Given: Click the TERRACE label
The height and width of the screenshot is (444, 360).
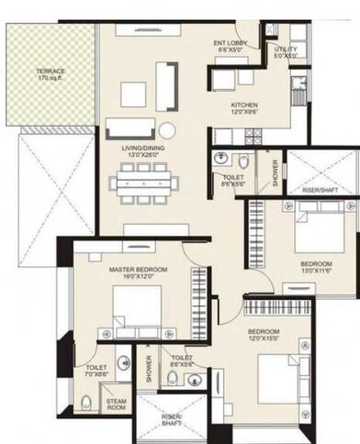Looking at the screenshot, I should click(51, 71).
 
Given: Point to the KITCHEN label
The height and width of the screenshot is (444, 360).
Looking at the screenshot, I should click(246, 105).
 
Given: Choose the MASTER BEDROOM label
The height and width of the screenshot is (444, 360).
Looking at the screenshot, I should click(138, 270).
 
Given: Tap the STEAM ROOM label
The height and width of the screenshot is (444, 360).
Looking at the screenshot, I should click(116, 405).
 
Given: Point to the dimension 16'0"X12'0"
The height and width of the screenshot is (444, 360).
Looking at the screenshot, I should click(138, 278).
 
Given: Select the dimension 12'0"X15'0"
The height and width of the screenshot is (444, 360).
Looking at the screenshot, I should click(264, 339).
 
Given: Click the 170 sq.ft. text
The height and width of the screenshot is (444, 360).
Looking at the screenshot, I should click(51, 79).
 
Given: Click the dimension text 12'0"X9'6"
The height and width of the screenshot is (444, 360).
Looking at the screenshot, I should click(246, 114).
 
